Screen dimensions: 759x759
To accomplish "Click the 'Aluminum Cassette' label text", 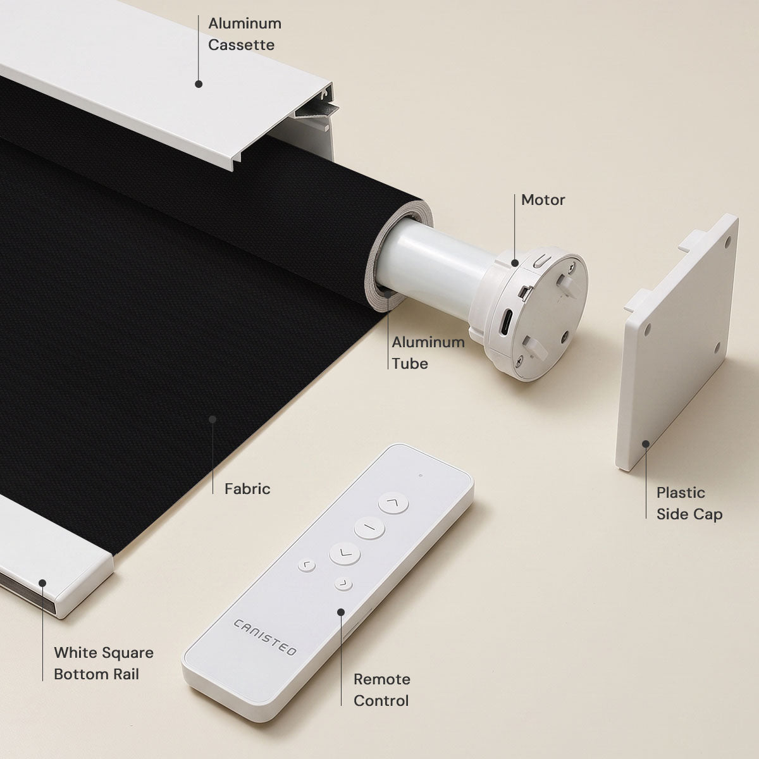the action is [x=245, y=34].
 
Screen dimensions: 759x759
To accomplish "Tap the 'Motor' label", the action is [x=543, y=200].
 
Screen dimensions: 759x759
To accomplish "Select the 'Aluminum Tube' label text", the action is [x=428, y=353].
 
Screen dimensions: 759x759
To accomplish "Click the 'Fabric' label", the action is [x=247, y=489].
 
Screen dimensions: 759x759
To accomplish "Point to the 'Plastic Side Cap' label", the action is [x=689, y=503].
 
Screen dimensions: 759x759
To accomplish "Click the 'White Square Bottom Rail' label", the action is [x=104, y=663].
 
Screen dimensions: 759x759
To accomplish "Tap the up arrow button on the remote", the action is [x=393, y=503].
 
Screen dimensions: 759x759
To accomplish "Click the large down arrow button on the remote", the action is [x=345, y=554].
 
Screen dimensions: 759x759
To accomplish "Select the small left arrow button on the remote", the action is [x=306, y=566].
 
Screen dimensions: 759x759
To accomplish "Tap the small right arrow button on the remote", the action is [x=343, y=584].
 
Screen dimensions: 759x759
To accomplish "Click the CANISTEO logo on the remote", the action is [x=264, y=638].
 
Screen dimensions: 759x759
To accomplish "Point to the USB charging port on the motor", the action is [x=507, y=322].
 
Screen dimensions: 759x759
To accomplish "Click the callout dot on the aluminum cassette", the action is [x=199, y=84].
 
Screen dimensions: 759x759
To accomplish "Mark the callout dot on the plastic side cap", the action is [x=646, y=444].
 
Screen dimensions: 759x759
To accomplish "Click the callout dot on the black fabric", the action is [x=213, y=419].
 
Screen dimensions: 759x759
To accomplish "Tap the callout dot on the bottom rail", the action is [x=42, y=583].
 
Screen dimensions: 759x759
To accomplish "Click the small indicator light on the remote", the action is [x=421, y=476].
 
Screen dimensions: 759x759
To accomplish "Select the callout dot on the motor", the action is [x=514, y=262].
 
